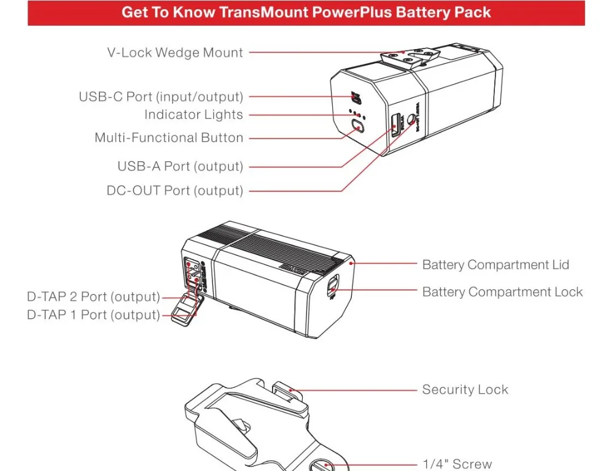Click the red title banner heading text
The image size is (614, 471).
(x=306, y=12)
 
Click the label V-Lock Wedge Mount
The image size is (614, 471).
(x=175, y=53)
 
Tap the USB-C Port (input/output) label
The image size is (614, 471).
(x=161, y=97)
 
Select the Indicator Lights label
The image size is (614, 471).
(x=193, y=115)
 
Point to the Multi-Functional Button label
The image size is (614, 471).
(x=169, y=138)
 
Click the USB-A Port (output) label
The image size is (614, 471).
(x=180, y=166)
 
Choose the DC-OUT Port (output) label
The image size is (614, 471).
(x=175, y=191)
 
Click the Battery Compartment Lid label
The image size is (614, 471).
(x=495, y=265)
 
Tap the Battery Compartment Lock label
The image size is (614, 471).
(x=502, y=292)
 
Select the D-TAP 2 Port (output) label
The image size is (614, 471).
(x=93, y=297)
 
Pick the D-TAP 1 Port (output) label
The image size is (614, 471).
(x=93, y=315)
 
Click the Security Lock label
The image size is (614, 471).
(x=465, y=389)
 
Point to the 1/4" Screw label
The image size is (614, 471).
(x=457, y=464)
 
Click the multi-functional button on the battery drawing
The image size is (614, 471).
(x=358, y=128)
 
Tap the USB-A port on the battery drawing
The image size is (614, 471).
(x=394, y=122)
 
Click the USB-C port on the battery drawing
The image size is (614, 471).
(x=354, y=97)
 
